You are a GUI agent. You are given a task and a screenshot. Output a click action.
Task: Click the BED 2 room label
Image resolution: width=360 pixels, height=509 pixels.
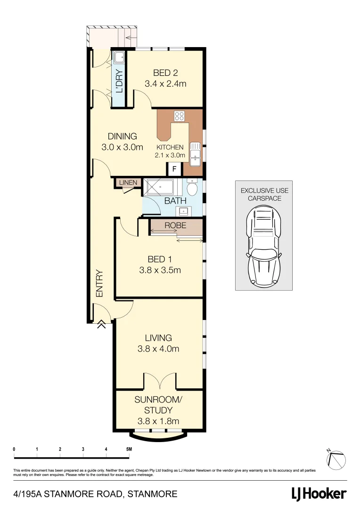coord(165,73)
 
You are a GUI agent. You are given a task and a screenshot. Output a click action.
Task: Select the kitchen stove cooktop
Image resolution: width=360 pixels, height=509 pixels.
coord(179,116)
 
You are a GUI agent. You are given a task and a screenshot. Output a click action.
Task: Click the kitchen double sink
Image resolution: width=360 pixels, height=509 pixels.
coord(195,153)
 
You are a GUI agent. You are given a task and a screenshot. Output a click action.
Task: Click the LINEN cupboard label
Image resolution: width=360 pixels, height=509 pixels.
coord(128,182)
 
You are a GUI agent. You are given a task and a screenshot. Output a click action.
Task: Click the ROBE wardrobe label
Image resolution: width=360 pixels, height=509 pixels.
coord(175,225)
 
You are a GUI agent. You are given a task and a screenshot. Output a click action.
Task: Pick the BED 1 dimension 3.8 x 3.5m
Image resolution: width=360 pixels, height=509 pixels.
coord(160,270)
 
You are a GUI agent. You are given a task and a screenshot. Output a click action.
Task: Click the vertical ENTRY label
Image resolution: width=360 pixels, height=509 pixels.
coord(99,283)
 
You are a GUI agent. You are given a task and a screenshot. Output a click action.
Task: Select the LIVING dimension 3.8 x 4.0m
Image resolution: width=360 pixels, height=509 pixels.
coord(158,349)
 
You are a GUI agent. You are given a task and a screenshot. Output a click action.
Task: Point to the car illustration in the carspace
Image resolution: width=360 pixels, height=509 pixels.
coord(264,247)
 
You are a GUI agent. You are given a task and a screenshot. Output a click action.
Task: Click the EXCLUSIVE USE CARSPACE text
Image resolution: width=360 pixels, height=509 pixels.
coord(264,195)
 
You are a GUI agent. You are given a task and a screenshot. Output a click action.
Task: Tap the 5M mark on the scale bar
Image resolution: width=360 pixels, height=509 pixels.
coord(129,449)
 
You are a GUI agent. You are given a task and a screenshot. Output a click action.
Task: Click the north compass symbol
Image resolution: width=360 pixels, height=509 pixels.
coord(336,459)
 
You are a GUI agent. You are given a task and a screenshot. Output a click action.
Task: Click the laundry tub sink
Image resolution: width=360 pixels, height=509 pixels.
coord(118,58)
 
